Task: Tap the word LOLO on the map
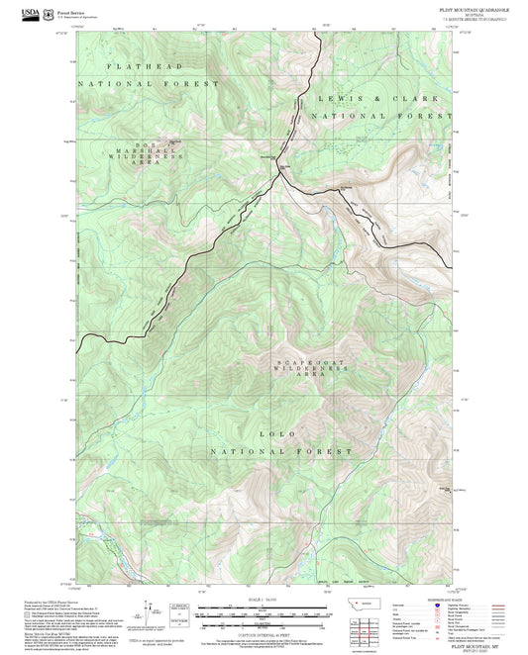pyautogui.click(x=279, y=432)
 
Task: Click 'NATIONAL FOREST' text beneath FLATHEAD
pyautogui.click(x=151, y=84)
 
